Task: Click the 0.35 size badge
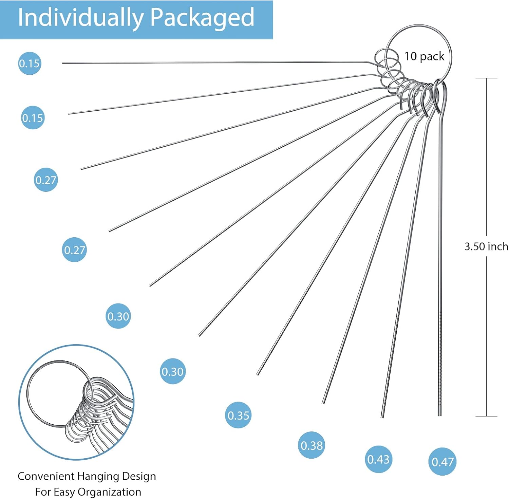click(238, 415)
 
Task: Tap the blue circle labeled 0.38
click(312, 445)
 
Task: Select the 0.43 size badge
click(378, 459)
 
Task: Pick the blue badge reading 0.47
click(442, 462)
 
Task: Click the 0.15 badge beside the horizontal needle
click(30, 63)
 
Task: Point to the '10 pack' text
click(424, 56)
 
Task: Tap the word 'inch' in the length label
click(498, 246)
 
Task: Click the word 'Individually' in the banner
click(80, 18)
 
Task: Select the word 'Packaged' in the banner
click(202, 18)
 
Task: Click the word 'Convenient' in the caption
click(46, 476)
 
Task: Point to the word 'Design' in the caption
click(139, 476)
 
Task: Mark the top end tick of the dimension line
click(486, 78)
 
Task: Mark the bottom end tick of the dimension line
click(486, 416)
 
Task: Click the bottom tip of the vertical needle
click(440, 415)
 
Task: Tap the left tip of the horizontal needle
click(63, 63)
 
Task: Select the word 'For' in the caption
click(43, 492)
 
